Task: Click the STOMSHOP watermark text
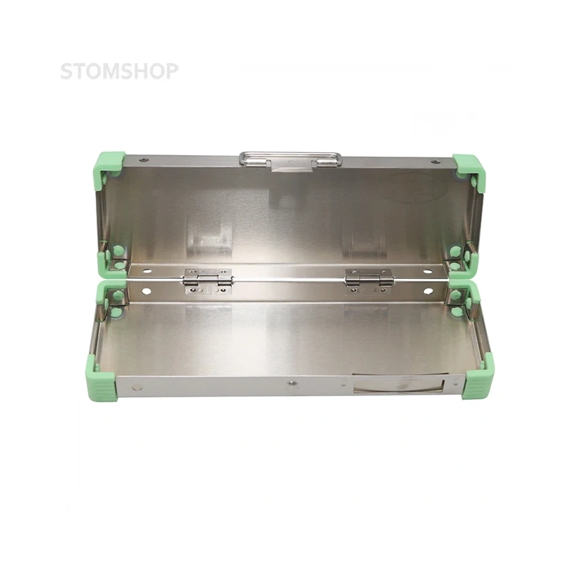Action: [x=119, y=71]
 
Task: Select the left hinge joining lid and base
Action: [x=208, y=281]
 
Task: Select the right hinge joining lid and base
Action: [x=369, y=281]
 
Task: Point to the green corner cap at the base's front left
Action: [x=102, y=380]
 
